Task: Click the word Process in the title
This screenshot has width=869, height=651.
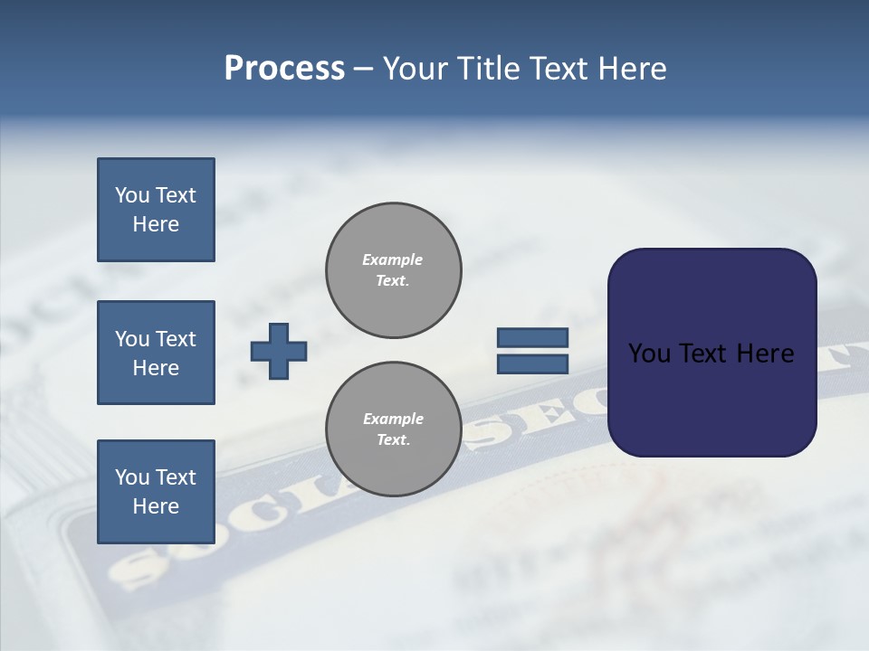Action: (284, 69)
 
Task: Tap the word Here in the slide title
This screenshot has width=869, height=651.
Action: (631, 69)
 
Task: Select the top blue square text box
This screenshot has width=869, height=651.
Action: (156, 210)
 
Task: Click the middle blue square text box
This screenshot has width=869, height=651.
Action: (156, 353)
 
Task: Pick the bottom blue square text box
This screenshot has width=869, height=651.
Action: (156, 492)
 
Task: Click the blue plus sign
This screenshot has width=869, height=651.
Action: (279, 351)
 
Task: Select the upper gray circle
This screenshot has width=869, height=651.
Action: (394, 270)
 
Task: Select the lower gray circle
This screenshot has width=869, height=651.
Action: (394, 429)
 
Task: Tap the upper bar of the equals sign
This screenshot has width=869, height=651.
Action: (533, 337)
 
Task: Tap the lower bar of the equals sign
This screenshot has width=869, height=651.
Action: (533, 363)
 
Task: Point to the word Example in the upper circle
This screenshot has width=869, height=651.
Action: (393, 259)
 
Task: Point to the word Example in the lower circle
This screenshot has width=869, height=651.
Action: (393, 419)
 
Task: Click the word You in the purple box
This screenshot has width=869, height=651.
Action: (648, 354)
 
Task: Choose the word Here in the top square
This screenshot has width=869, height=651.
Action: (156, 224)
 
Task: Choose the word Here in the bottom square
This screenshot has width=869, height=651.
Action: (156, 506)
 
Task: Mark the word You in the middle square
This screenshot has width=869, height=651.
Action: (132, 339)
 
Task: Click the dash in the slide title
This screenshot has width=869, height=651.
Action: (363, 70)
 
